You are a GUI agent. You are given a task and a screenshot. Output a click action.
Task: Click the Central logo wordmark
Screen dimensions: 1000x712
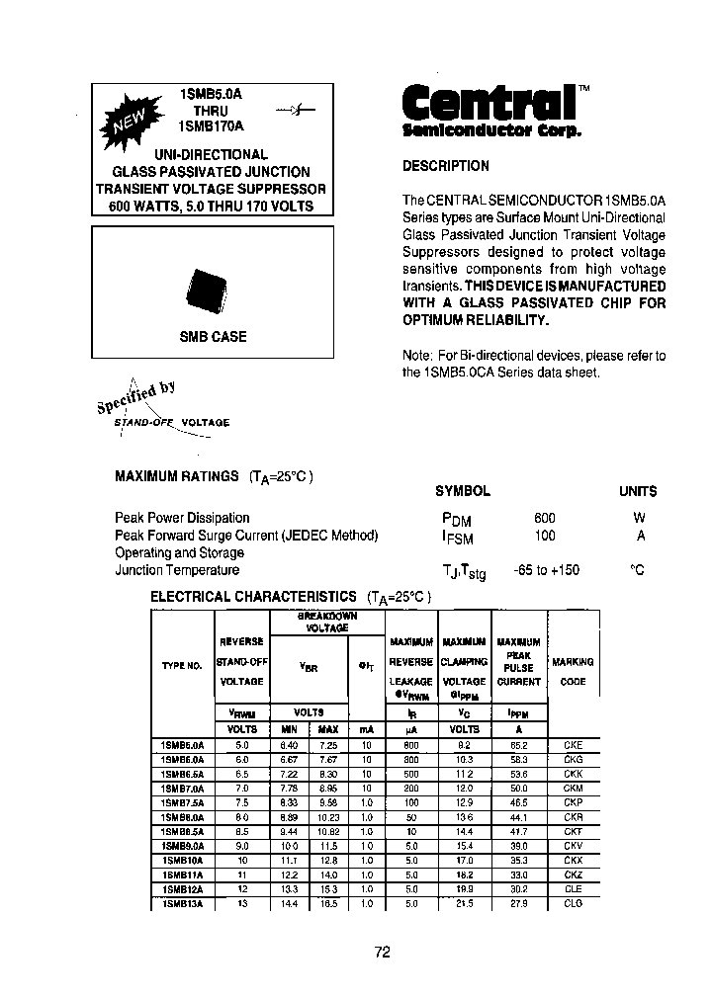point(489,102)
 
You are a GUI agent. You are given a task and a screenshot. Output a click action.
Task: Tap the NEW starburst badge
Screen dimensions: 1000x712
point(127,121)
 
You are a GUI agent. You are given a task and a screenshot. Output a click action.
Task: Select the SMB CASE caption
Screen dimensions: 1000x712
point(213,337)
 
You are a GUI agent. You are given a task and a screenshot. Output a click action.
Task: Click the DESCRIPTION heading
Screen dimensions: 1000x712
point(445,166)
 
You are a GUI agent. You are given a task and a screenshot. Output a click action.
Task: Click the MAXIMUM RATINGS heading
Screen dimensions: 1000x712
point(177,476)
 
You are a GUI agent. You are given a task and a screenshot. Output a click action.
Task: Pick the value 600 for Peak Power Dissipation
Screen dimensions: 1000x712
point(544,518)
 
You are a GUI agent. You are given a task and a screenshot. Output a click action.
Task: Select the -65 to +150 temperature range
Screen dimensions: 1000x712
point(547,570)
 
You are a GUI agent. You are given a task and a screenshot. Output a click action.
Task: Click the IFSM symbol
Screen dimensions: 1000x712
point(456,537)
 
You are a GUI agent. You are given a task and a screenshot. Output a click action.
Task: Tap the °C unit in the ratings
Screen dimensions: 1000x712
point(638,570)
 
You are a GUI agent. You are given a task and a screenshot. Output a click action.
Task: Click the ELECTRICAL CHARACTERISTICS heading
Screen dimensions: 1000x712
point(252,597)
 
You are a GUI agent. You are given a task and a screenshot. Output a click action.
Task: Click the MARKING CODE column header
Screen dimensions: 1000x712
point(573,671)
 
